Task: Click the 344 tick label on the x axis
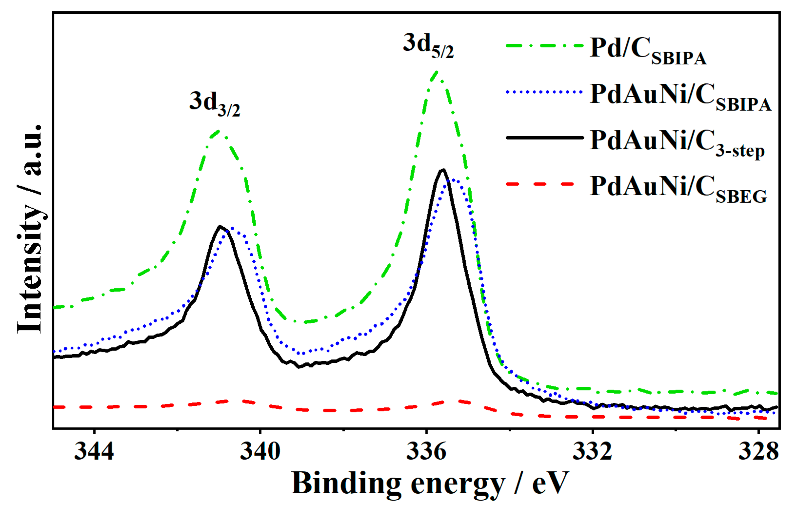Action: pos(94,451)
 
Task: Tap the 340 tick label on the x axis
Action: pos(260,451)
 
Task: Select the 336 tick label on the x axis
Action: pos(426,451)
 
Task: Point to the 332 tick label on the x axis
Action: pos(592,451)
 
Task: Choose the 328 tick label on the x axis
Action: pos(758,451)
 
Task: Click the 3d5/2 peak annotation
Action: pos(428,46)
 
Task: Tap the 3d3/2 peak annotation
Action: pos(215,104)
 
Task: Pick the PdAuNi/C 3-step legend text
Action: pos(677,143)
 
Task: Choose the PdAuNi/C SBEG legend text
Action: pos(678,189)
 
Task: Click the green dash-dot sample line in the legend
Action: pos(544,45)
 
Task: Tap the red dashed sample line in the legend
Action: pos(544,184)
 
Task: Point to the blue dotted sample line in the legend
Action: pos(544,92)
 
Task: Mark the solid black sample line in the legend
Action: pos(544,138)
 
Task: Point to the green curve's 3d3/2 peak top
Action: pos(219,131)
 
